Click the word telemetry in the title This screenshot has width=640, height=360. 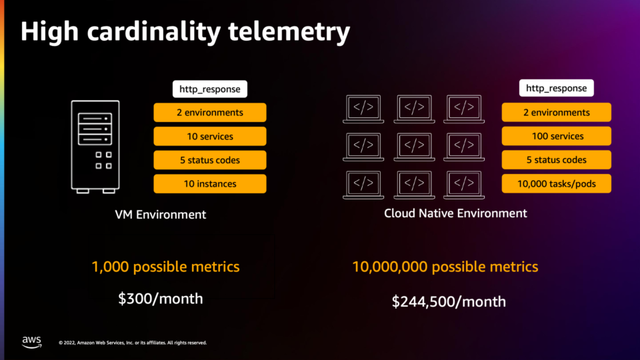pyautogui.click(x=289, y=32)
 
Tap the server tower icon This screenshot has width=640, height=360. pyautogui.click(x=95, y=147)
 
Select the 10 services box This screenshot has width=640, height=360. pyautogui.click(x=210, y=136)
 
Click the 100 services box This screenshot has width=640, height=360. pyautogui.click(x=556, y=136)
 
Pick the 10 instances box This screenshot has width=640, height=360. pyautogui.click(x=210, y=184)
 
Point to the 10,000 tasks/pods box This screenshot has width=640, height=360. pyautogui.click(x=556, y=184)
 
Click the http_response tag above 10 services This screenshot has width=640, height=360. pyautogui.click(x=210, y=89)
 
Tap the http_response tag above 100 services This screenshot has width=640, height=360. pyautogui.click(x=556, y=88)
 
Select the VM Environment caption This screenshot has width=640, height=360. pyautogui.click(x=161, y=215)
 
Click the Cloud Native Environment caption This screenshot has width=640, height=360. pyautogui.click(x=455, y=213)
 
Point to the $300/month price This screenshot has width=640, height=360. pyautogui.click(x=161, y=299)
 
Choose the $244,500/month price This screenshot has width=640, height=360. pyautogui.click(x=449, y=301)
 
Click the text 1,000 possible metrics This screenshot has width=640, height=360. pyautogui.click(x=166, y=267)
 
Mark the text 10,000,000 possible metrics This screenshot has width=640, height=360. pyautogui.click(x=445, y=267)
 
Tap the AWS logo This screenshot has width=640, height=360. pyautogui.click(x=32, y=342)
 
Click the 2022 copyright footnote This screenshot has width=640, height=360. pyautogui.click(x=133, y=343)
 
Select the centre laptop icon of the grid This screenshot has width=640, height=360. pyautogui.click(x=414, y=147)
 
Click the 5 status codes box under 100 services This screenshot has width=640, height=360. pyautogui.click(x=556, y=159)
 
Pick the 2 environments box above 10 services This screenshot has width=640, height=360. pyautogui.click(x=210, y=112)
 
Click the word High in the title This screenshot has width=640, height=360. pyautogui.click(x=49, y=32)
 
